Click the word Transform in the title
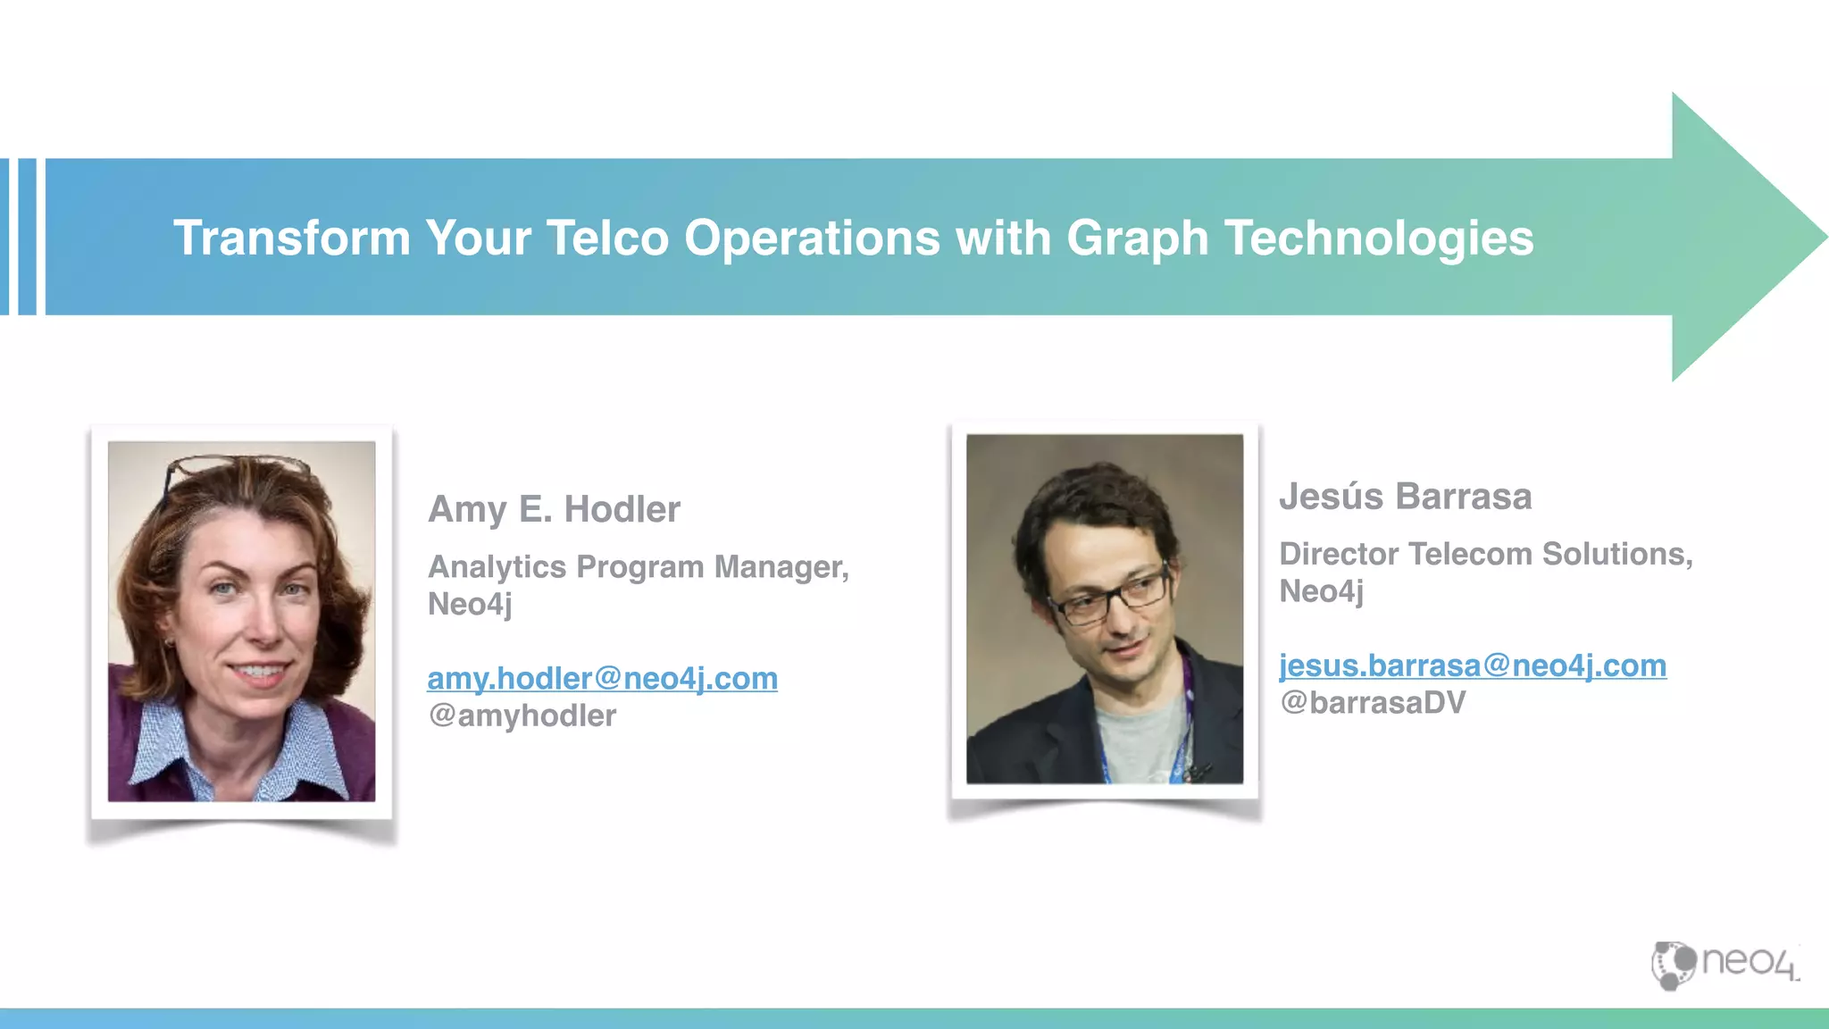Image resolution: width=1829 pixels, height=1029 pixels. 291,238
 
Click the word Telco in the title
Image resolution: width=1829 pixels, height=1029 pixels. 607,238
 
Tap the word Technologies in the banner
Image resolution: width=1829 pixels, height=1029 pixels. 1378,238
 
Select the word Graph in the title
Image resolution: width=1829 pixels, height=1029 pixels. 1137,239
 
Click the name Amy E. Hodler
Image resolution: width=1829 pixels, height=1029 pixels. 554,509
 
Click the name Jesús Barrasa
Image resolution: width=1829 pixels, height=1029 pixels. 1405,497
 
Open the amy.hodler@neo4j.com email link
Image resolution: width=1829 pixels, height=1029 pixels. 602,678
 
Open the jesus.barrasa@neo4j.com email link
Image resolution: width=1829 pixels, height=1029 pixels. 1472,665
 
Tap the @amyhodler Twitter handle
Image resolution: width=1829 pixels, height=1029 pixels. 522,715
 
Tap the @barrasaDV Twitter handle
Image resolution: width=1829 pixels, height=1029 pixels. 1373,703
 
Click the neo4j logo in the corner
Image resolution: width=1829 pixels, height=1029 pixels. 1725,964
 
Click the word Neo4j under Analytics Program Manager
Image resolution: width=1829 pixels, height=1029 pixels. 470,605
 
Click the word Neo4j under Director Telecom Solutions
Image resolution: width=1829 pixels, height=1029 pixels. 1321,591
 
